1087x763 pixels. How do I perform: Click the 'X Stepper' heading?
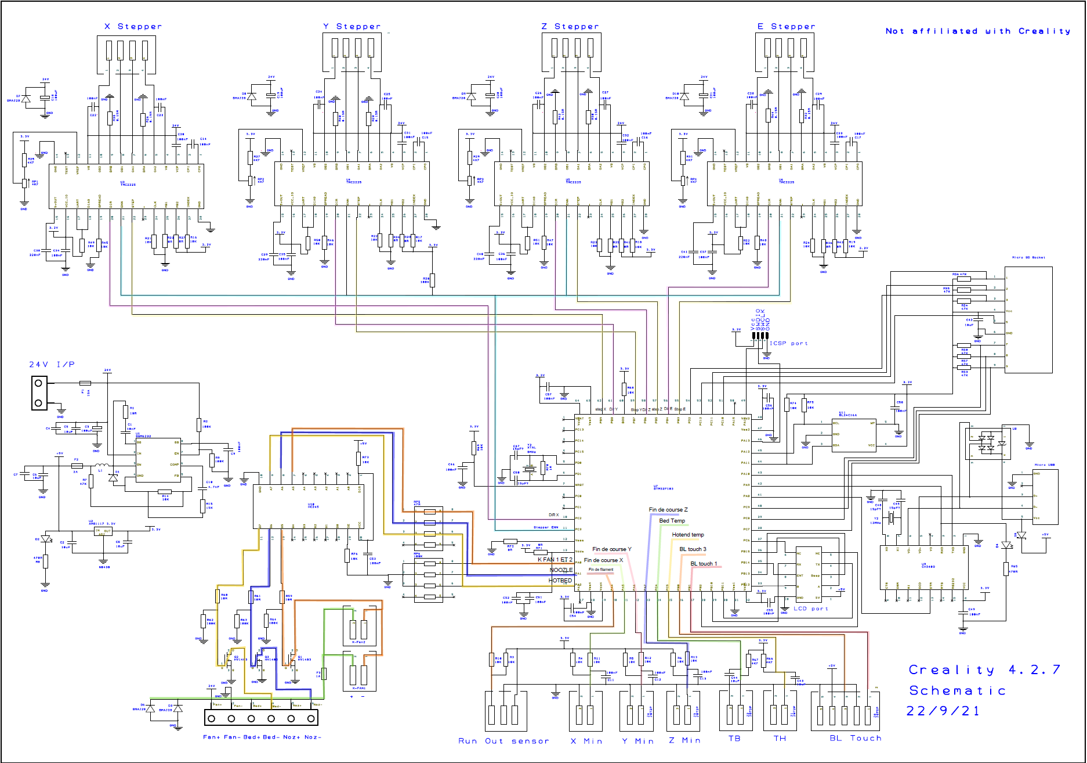[x=133, y=27]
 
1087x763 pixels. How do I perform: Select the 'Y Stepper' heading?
[x=352, y=27]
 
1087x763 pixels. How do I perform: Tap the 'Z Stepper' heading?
[x=570, y=27]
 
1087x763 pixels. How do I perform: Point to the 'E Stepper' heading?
[x=786, y=27]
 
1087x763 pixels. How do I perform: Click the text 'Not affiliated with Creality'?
[x=977, y=31]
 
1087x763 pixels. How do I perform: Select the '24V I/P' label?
[x=52, y=365]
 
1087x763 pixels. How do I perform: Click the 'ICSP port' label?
[x=788, y=344]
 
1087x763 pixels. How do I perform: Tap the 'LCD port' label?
[x=811, y=609]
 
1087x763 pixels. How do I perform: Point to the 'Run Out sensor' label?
[x=503, y=741]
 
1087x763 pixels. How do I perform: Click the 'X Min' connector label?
[x=586, y=741]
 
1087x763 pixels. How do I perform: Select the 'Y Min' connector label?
[x=637, y=741]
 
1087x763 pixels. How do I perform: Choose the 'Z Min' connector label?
[x=684, y=740]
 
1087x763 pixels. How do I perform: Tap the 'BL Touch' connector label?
[x=855, y=738]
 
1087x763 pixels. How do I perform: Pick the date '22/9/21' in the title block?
[x=943, y=711]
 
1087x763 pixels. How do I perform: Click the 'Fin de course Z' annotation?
[x=668, y=510]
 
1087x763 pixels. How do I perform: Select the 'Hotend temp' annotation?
[x=688, y=535]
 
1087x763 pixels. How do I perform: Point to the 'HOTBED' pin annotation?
[x=560, y=581]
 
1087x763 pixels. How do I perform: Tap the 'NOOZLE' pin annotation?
[x=561, y=570]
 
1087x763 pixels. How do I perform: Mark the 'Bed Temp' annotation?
[x=672, y=521]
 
